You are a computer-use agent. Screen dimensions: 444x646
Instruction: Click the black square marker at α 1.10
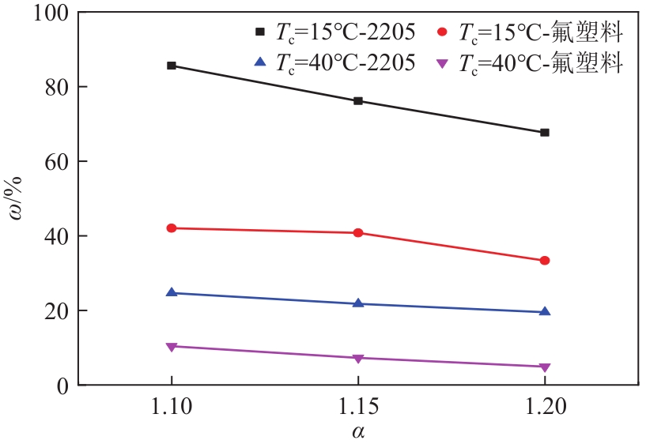pyautogui.click(x=172, y=66)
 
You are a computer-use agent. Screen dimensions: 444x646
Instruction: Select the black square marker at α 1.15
pyautogui.click(x=358, y=101)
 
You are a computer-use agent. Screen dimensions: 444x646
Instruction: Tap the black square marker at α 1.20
pyautogui.click(x=545, y=133)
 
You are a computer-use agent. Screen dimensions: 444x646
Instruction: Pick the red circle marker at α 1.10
pyautogui.click(x=172, y=228)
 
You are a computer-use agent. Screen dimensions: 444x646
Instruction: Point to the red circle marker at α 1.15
pyautogui.click(x=358, y=233)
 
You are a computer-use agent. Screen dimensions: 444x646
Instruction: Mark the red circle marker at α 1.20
pyautogui.click(x=545, y=261)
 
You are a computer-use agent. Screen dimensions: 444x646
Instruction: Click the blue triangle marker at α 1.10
pyautogui.click(x=172, y=292)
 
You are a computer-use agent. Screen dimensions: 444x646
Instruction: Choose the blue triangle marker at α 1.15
pyautogui.click(x=358, y=303)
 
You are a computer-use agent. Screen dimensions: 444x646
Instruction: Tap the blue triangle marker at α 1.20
pyautogui.click(x=545, y=311)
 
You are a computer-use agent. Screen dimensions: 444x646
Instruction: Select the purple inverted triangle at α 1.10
pyautogui.click(x=172, y=347)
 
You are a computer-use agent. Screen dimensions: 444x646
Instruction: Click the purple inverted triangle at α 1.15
pyautogui.click(x=358, y=359)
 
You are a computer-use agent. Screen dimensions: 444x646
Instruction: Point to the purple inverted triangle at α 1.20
pyautogui.click(x=545, y=367)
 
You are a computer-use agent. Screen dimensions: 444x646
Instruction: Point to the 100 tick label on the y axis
pyautogui.click(x=51, y=13)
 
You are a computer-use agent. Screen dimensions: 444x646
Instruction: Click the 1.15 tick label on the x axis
pyautogui.click(x=358, y=408)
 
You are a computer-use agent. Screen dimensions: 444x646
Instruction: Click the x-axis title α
pyautogui.click(x=358, y=432)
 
